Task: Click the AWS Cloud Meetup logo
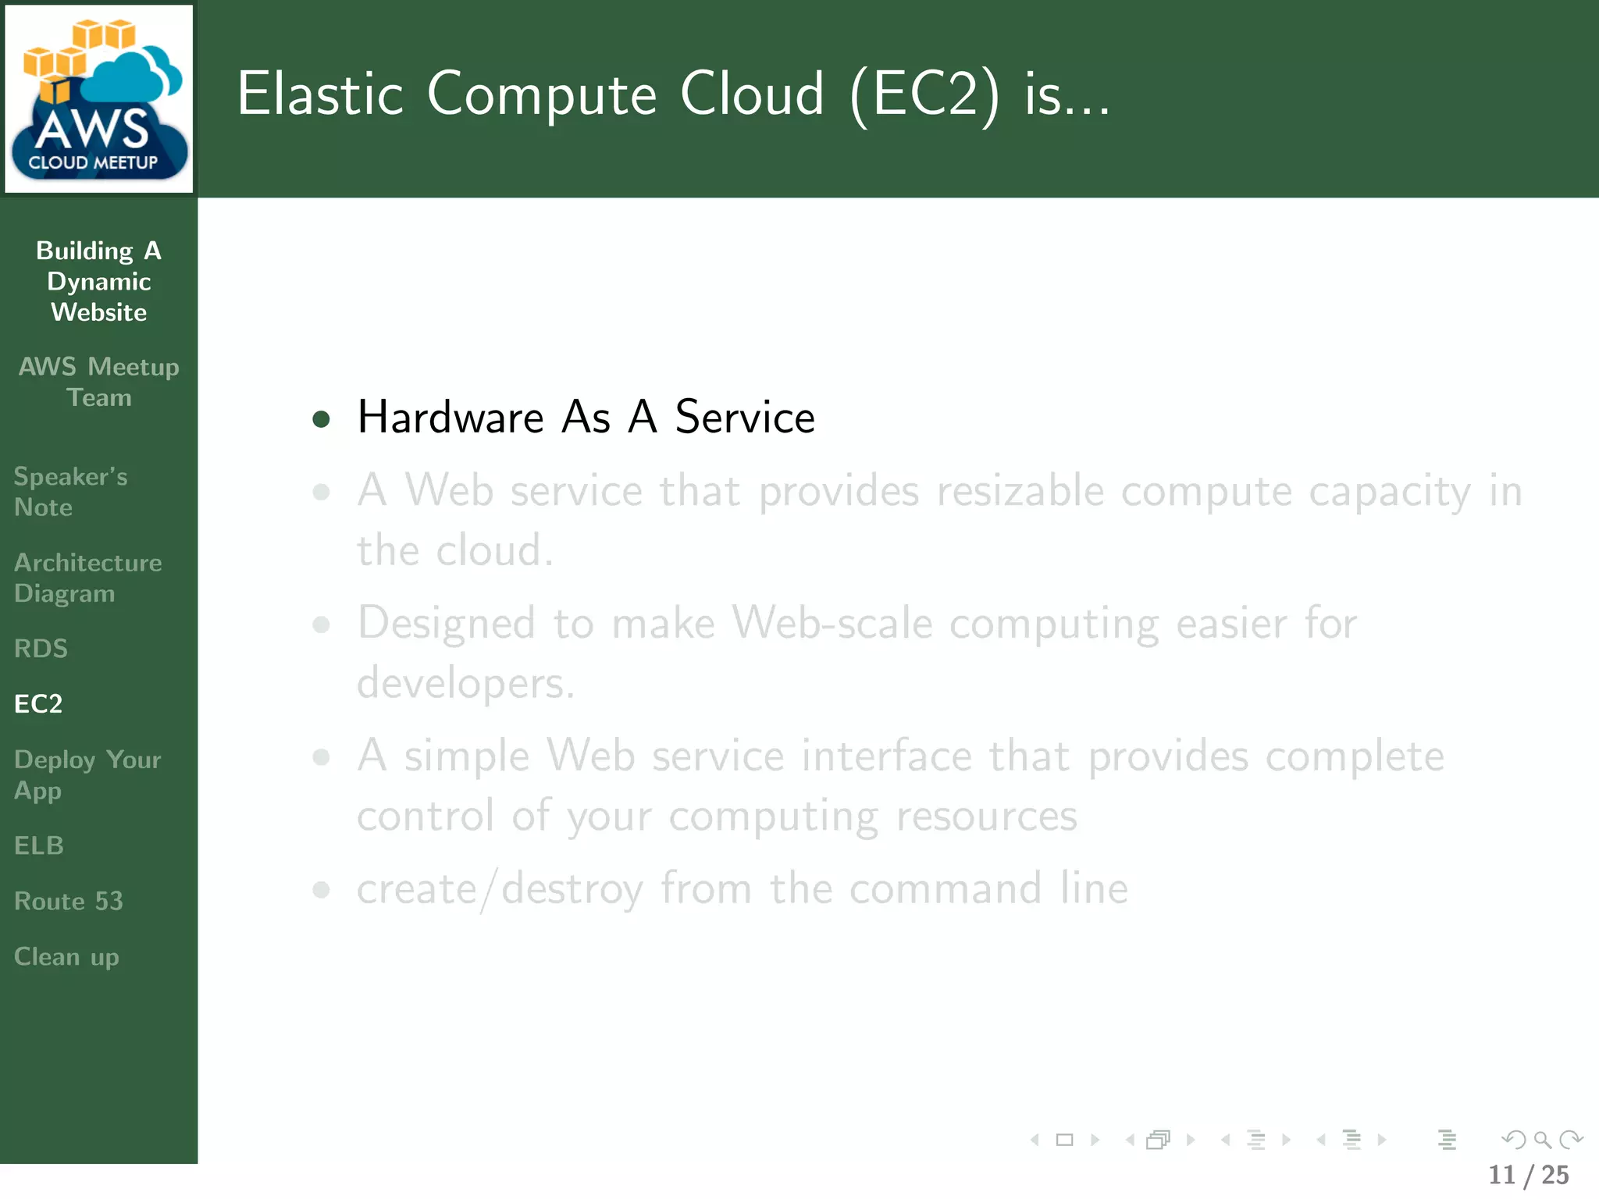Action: click(x=98, y=99)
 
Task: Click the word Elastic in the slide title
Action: click(x=320, y=94)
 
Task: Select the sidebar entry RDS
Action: click(x=41, y=649)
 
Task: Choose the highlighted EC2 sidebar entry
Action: click(x=38, y=704)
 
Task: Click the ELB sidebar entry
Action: click(x=39, y=845)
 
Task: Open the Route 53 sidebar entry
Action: click(x=69, y=902)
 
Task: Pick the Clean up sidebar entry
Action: click(x=66, y=957)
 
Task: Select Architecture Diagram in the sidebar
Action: click(x=87, y=578)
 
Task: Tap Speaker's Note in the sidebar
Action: click(x=70, y=492)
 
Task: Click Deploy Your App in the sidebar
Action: click(x=87, y=775)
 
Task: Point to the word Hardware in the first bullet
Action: click(x=450, y=417)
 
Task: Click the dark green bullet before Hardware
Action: click(x=321, y=419)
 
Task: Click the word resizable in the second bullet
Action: click(x=1020, y=492)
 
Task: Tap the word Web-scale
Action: click(x=832, y=624)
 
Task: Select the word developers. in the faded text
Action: click(x=465, y=684)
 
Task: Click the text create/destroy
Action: click(x=500, y=889)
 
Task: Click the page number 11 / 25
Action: click(x=1528, y=1175)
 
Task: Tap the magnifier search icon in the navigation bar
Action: click(x=1542, y=1140)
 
